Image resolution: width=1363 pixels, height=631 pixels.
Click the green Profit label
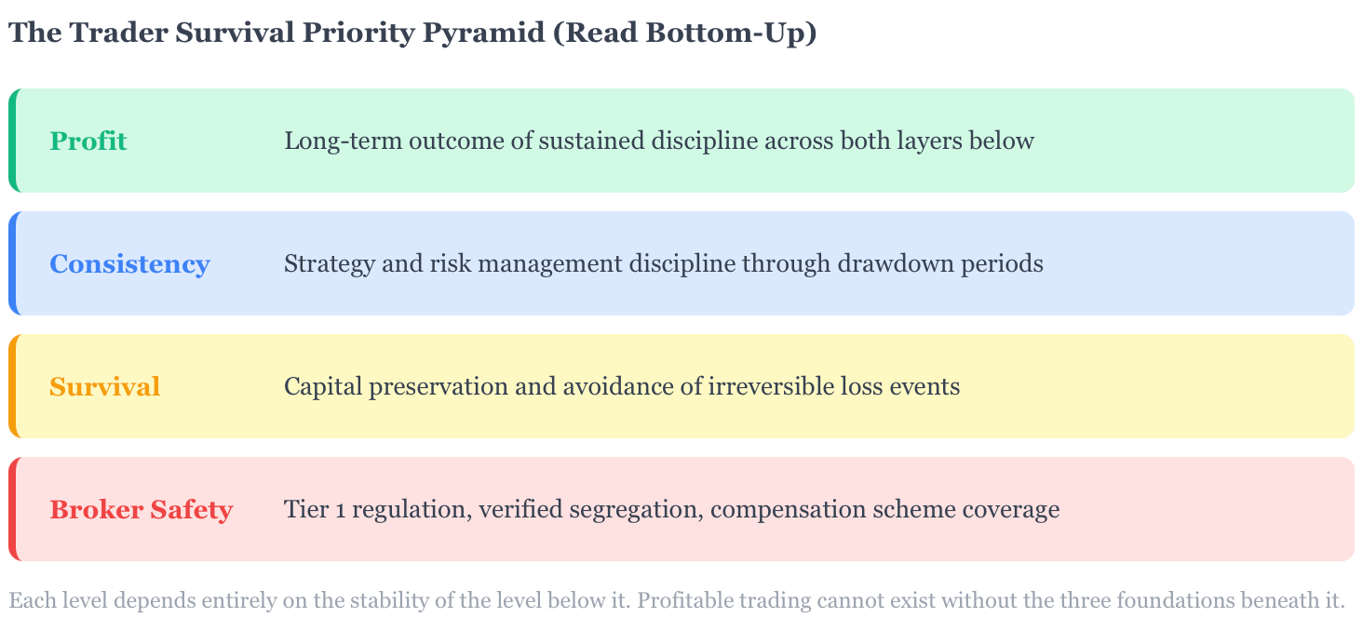(x=88, y=141)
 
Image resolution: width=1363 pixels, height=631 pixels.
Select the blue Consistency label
(x=129, y=264)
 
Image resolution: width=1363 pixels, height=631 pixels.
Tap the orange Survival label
(x=104, y=387)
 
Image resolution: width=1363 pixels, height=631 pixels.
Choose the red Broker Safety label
(x=142, y=510)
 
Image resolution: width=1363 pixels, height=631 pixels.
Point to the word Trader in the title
(x=118, y=33)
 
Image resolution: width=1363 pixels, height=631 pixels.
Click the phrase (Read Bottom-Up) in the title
(x=684, y=34)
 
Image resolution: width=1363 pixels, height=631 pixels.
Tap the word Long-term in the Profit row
(x=344, y=141)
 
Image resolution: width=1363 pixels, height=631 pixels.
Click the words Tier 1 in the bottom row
(x=316, y=509)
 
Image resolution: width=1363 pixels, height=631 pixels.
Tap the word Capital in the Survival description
(x=323, y=387)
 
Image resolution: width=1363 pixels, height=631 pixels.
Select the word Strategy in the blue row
(x=330, y=265)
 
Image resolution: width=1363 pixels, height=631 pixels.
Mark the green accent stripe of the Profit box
(x=12, y=141)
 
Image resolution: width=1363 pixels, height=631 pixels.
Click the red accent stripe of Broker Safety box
(x=12, y=509)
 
